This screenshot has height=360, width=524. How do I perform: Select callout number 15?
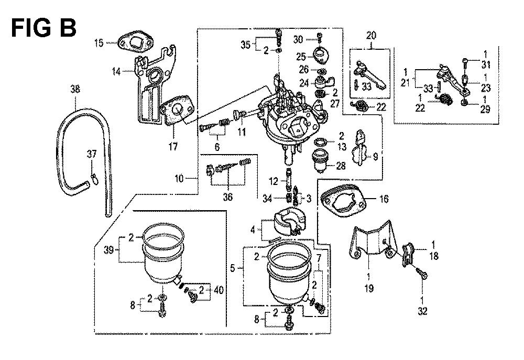(99, 42)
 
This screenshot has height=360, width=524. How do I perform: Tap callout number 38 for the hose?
(76, 90)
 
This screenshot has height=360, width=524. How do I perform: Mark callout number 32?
(422, 311)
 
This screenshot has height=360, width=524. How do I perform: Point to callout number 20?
(371, 36)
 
